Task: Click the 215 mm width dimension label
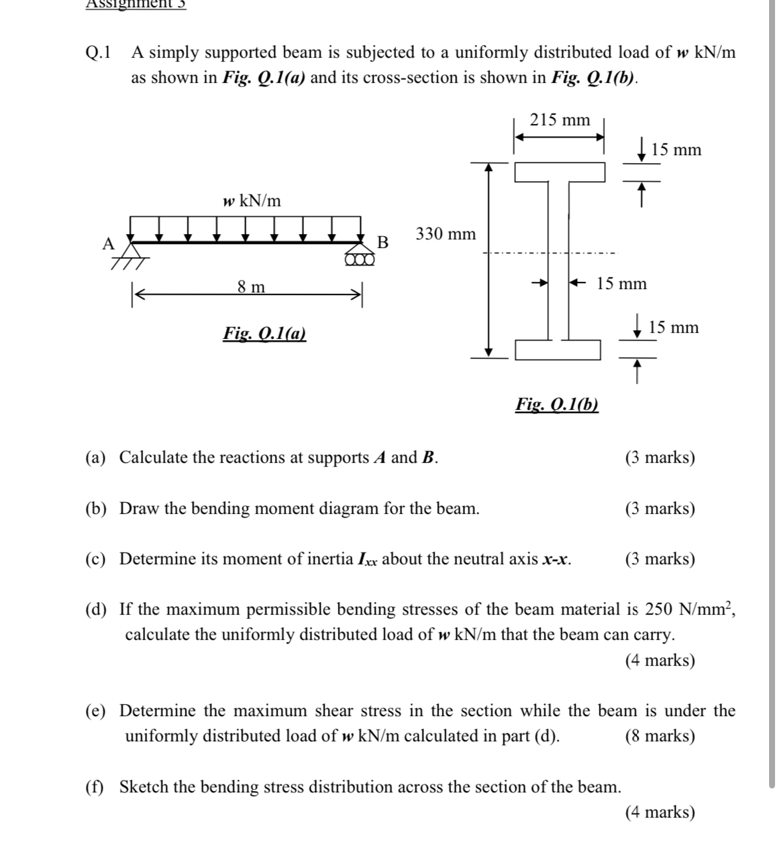pos(560,120)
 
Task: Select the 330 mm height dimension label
pos(445,234)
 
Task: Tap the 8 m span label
pos(251,287)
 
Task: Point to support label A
pos(108,243)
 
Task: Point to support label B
pos(382,242)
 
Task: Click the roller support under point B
pos(359,259)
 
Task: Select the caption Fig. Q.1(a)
pos(264,333)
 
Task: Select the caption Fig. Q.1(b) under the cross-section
pos(556,404)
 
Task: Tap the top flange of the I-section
pos(560,172)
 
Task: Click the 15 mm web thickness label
pos(621,284)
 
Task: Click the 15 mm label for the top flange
pos(676,150)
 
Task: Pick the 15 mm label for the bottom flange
pos(673,328)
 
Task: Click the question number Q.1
pos(99,52)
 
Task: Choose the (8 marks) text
pos(660,736)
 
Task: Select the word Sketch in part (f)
pos(146,787)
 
